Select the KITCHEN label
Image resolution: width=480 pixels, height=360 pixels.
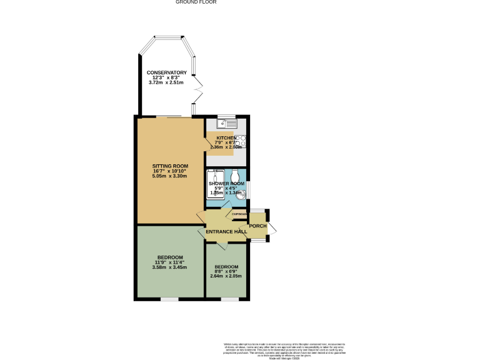[226, 137]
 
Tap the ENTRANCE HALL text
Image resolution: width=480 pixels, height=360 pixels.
[226, 232]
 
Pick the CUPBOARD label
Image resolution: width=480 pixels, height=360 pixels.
[239, 215]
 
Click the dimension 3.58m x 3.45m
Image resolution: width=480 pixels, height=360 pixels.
[170, 267]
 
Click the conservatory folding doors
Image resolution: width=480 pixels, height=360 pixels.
[197, 91]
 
